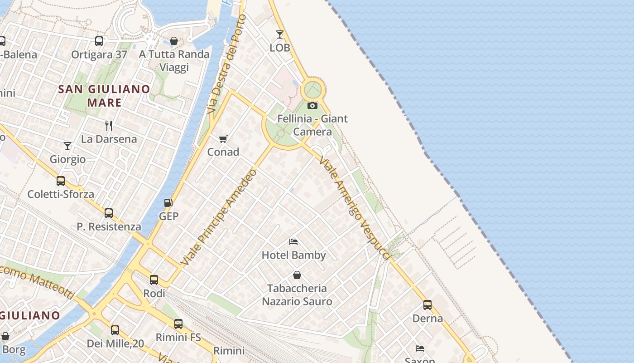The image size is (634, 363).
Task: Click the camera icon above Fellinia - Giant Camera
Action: tap(312, 106)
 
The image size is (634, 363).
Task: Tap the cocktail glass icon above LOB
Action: tap(280, 34)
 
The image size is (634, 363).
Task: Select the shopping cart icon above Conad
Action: tap(223, 139)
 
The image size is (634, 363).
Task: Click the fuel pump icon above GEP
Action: tap(168, 202)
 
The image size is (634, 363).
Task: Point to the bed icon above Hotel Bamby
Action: tap(293, 242)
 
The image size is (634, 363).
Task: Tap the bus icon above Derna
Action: tap(427, 305)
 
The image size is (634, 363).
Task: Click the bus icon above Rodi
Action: tap(154, 280)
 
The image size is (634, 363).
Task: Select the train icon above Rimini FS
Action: tap(178, 324)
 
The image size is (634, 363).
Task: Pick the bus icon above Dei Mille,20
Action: tap(115, 330)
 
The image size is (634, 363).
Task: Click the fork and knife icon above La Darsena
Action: tap(109, 125)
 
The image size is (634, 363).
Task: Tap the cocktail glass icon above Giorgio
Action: tap(67, 146)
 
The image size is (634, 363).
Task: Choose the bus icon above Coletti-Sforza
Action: tap(61, 181)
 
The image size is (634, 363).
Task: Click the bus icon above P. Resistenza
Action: tap(109, 213)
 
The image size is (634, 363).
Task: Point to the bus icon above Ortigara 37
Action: tap(99, 41)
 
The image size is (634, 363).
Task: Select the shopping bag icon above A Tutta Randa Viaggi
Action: tap(174, 41)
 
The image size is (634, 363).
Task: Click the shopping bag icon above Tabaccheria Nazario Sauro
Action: tap(297, 275)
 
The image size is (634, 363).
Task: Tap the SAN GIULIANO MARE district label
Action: tap(105, 95)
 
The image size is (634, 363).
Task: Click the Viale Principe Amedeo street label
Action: tap(219, 217)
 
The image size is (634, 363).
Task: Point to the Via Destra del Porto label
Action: tap(226, 64)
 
